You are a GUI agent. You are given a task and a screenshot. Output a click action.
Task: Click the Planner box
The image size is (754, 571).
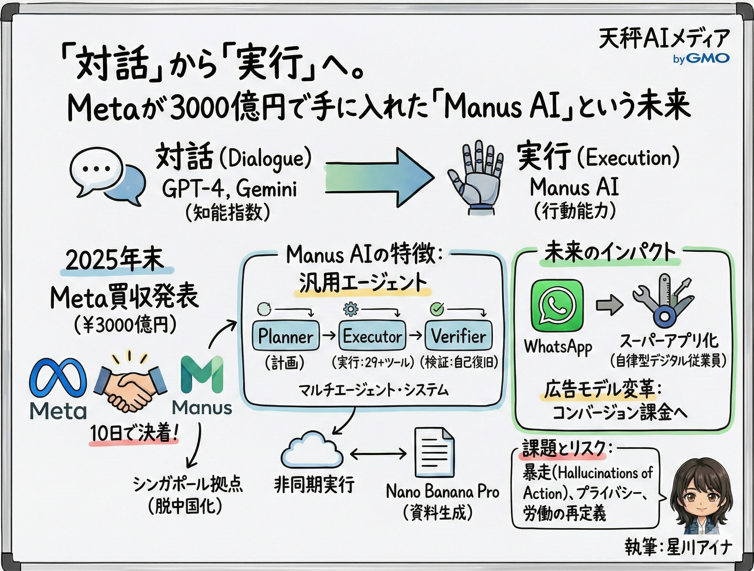(x=286, y=336)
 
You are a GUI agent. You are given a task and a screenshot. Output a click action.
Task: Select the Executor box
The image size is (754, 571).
(x=372, y=336)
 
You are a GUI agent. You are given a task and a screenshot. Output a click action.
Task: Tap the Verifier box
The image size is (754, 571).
(x=459, y=336)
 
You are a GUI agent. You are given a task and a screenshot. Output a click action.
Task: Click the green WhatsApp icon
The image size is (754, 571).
(x=557, y=306)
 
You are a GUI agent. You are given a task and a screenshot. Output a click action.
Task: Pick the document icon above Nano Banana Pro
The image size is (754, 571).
(x=434, y=453)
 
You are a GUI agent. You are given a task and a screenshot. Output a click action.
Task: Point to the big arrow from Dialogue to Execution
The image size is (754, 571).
(x=378, y=177)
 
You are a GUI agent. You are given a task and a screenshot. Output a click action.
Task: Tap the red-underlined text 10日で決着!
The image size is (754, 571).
(x=134, y=434)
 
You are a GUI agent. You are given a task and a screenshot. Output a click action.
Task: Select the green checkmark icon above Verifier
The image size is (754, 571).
(x=436, y=309)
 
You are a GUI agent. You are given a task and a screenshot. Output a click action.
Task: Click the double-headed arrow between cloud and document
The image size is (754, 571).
(x=378, y=454)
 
